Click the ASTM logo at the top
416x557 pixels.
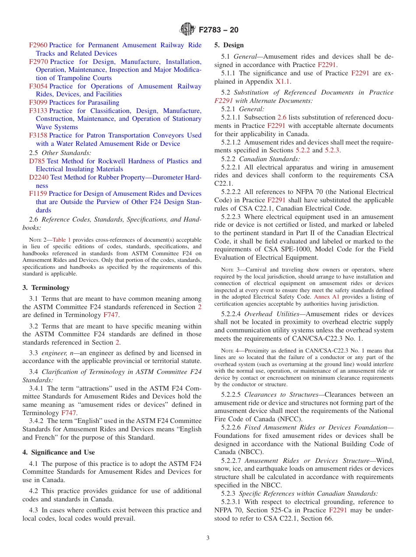[187, 30]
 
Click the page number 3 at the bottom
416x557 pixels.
[208, 538]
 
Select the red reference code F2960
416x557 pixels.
[38, 45]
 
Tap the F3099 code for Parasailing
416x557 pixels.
[38, 102]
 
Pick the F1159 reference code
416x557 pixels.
[38, 194]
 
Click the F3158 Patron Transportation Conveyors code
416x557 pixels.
[38, 135]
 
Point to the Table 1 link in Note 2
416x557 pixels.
[61, 240]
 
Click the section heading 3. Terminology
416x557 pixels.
[46, 288]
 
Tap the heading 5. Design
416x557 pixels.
[229, 45]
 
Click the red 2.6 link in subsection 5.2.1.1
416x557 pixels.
[282, 117]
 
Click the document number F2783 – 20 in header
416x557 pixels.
[219, 30]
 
